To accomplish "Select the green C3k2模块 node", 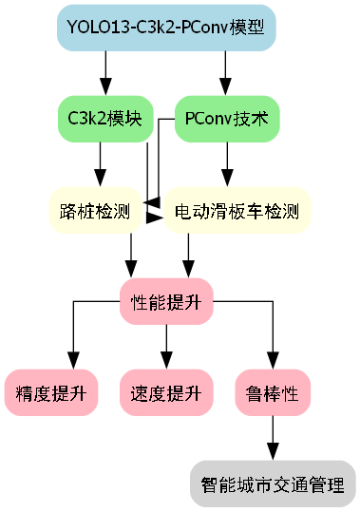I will coord(105,119).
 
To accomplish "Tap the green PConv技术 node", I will coord(226,119).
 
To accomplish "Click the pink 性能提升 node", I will coord(166,303).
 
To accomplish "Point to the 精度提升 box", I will coord(51,393).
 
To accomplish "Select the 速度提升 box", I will coord(166,393).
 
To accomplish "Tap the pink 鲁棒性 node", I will coord(273,393).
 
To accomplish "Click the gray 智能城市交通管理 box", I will coord(273,484).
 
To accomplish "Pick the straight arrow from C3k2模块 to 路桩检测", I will coord(100,165).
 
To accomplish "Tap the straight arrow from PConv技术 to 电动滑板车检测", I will coord(226,165).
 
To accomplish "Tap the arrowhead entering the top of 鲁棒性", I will coord(273,361).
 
